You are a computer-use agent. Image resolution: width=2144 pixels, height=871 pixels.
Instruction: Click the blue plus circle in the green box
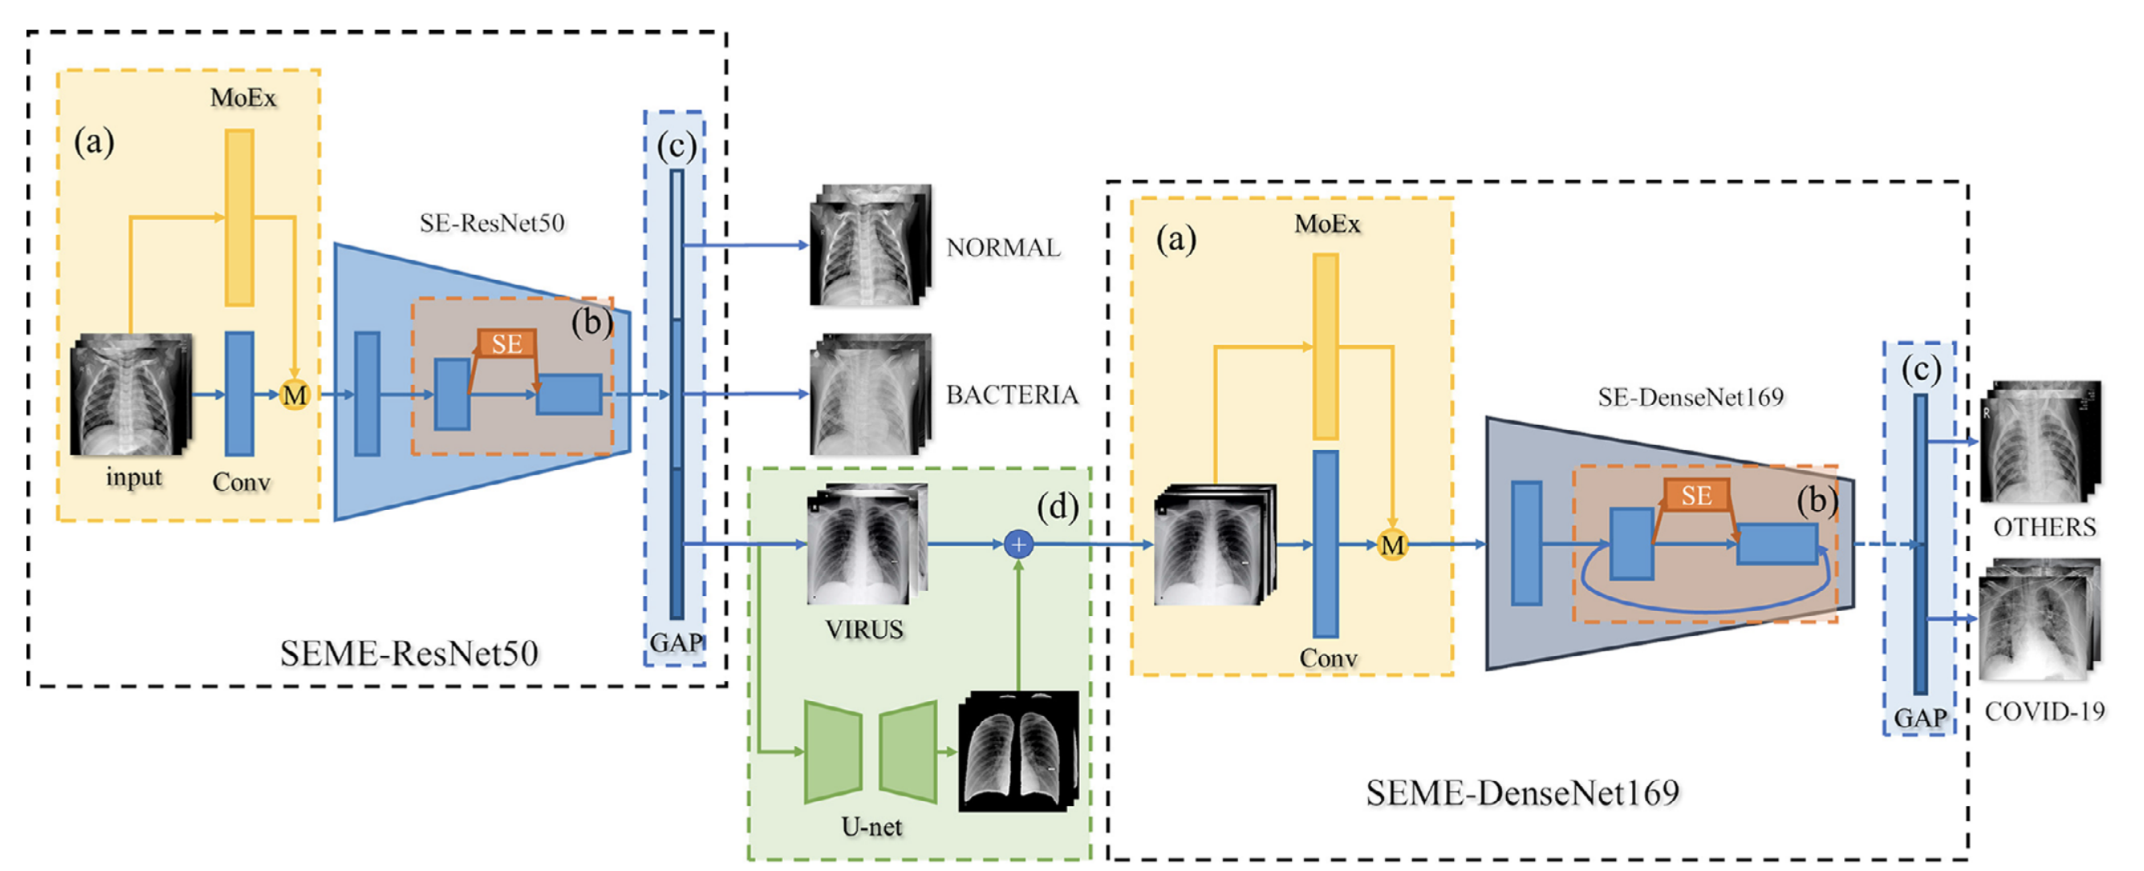[x=1018, y=545]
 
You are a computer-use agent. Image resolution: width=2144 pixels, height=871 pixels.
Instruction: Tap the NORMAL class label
[x=1003, y=247]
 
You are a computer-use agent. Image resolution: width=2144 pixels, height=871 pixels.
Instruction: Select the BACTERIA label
[x=1011, y=395]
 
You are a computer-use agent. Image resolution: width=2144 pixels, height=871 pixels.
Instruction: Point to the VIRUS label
[x=864, y=630]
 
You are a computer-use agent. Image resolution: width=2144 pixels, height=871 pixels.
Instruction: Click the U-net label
[x=871, y=827]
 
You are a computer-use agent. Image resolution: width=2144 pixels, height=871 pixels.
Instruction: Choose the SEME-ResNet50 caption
[x=408, y=654]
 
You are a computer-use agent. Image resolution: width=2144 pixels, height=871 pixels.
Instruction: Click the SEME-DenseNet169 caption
[x=1522, y=792]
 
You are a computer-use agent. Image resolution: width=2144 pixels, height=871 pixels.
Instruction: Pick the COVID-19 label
[x=2045, y=711]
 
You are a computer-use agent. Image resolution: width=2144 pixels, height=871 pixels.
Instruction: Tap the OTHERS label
[x=2045, y=528]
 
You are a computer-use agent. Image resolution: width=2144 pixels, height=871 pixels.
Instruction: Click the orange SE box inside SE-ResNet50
[x=506, y=343]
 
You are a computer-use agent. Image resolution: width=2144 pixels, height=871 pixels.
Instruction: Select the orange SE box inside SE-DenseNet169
[x=1695, y=496]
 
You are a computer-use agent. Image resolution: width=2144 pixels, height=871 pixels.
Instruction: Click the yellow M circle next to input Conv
[x=294, y=395]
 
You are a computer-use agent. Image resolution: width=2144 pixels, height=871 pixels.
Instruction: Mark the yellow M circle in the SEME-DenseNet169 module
[x=1391, y=545]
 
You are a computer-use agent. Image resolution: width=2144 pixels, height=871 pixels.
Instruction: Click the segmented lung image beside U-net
[x=1018, y=751]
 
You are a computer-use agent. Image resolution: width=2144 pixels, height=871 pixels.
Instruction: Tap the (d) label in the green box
[x=1057, y=507]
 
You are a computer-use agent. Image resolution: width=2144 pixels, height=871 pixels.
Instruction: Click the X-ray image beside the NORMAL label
[x=870, y=245]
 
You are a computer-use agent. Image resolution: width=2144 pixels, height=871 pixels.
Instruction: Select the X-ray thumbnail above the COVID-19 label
[x=2039, y=620]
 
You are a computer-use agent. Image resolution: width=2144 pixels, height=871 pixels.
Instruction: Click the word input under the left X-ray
[x=133, y=477]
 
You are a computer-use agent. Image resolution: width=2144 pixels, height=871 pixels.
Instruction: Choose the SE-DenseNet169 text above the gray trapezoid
[x=1690, y=398]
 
